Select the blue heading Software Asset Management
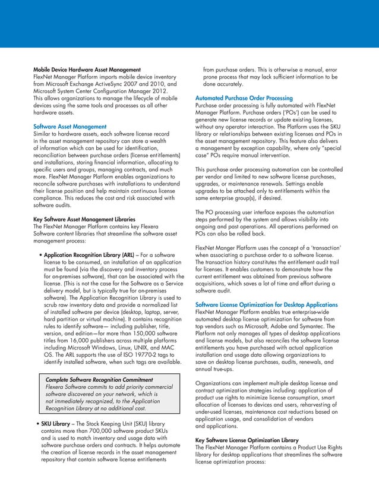[70, 127]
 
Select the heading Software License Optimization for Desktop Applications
[274, 304]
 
